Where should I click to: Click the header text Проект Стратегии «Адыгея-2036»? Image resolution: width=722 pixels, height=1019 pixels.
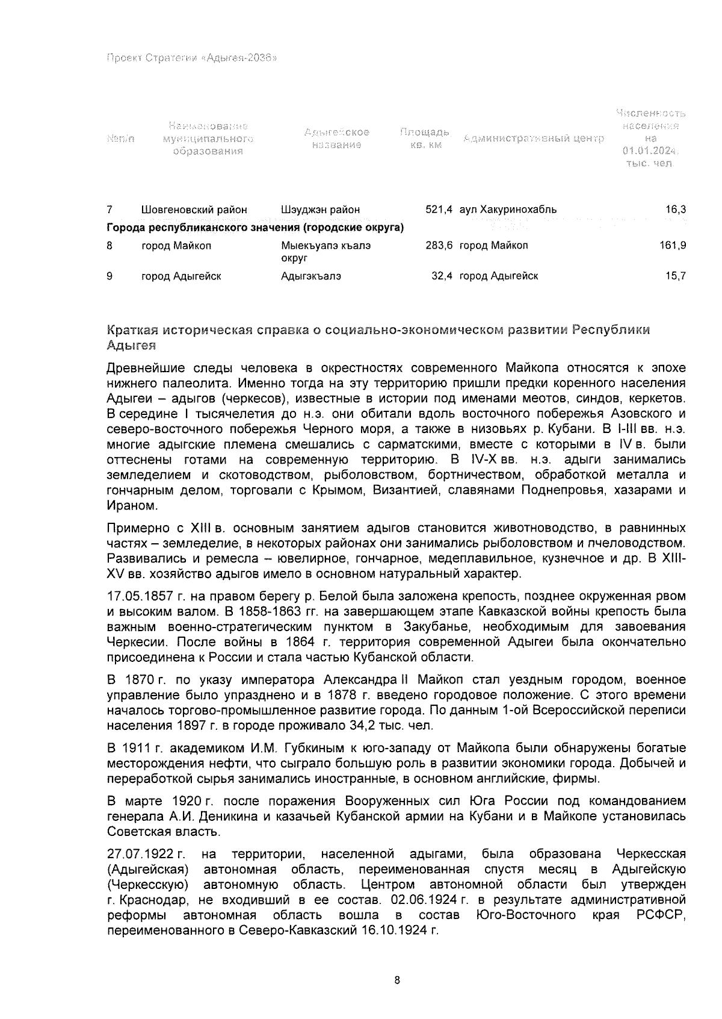click(191, 58)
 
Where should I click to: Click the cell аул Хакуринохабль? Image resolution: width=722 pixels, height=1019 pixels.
click(508, 210)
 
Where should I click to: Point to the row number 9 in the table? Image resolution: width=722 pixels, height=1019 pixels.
click(110, 276)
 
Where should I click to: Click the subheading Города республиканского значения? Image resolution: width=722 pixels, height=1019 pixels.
click(255, 228)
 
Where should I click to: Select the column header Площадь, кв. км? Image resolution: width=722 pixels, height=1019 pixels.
click(425, 139)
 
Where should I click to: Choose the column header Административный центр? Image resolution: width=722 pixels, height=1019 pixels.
click(533, 139)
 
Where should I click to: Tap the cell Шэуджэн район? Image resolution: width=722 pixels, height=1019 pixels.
click(320, 210)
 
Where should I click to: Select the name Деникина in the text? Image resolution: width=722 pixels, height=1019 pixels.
click(220, 817)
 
